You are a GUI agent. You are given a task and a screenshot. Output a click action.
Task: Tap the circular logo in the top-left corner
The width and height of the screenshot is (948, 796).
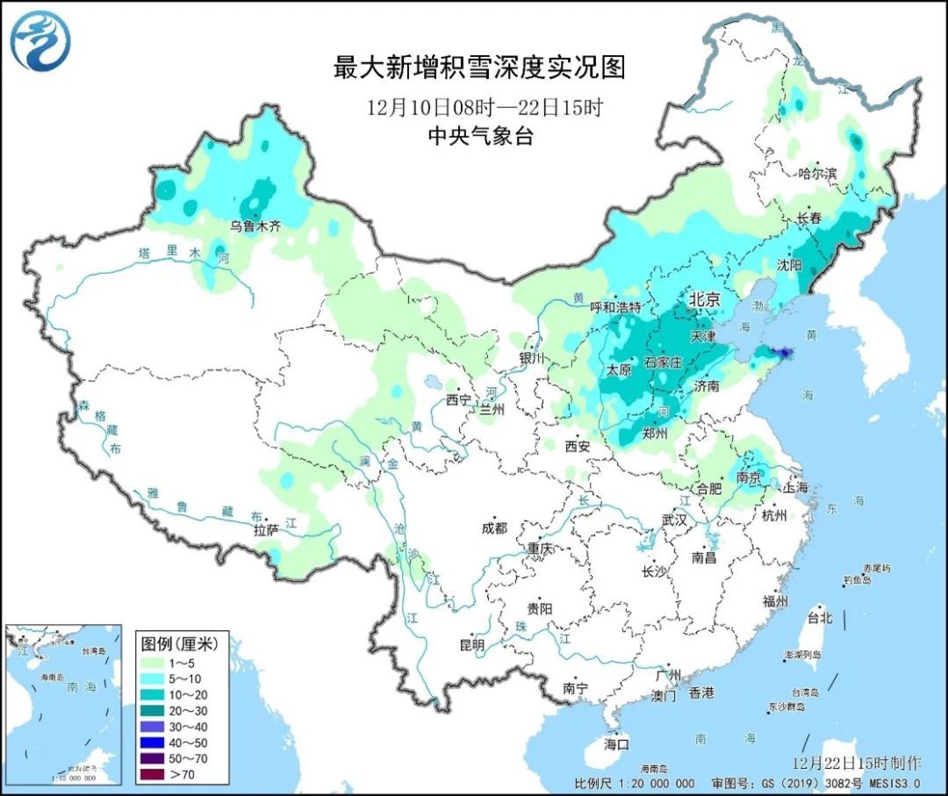[x=40, y=41]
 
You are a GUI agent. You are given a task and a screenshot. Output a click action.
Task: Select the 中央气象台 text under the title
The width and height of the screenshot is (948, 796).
[x=479, y=136]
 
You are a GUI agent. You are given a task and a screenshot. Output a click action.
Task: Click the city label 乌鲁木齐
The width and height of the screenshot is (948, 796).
[x=255, y=226]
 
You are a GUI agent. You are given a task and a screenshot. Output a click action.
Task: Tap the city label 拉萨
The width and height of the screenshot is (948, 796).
[x=266, y=531]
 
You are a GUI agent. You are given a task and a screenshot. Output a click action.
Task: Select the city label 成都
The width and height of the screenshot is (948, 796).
[x=494, y=528]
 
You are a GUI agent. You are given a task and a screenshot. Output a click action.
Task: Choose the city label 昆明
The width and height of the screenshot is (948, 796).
[x=471, y=645]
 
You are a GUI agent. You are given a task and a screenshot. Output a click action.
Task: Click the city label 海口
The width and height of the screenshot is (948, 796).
[x=618, y=744]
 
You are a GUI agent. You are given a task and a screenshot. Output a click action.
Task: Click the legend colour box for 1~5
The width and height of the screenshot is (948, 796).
[x=152, y=662]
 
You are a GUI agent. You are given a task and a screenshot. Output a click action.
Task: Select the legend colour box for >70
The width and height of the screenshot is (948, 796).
[x=152, y=773]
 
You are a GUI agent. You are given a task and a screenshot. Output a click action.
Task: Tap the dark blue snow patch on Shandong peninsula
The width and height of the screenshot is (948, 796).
[x=781, y=354]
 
